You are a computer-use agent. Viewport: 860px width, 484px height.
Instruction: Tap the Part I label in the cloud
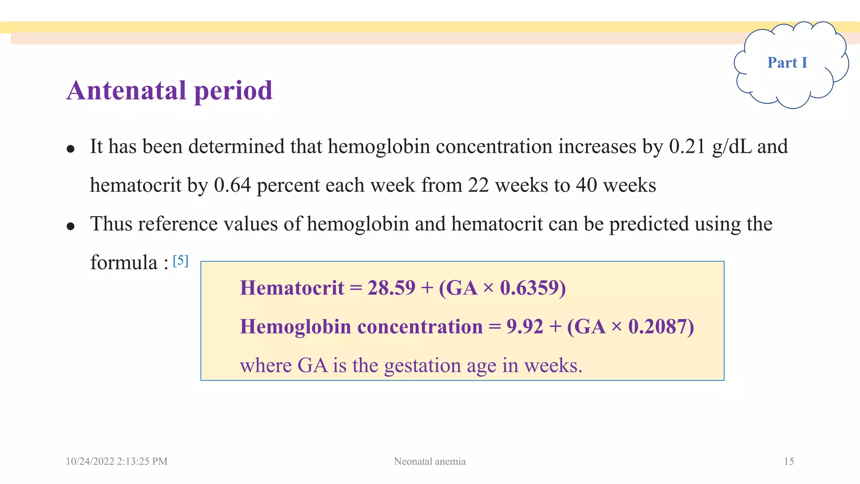(787, 63)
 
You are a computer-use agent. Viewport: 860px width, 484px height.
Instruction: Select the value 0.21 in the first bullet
(687, 147)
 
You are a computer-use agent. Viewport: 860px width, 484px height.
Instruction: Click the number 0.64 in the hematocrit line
(232, 185)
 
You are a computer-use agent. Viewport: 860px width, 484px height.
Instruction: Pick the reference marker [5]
(181, 260)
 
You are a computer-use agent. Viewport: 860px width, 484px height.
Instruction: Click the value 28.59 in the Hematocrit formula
(391, 288)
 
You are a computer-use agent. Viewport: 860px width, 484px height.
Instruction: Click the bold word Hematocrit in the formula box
(292, 288)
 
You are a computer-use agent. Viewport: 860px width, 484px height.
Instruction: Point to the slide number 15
(789, 461)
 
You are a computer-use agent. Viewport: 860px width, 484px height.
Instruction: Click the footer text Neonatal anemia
(430, 461)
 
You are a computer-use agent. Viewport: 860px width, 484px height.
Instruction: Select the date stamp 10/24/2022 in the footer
(90, 461)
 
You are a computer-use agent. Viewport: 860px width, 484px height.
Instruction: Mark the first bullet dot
(71, 149)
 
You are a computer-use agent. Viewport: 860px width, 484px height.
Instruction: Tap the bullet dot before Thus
(71, 226)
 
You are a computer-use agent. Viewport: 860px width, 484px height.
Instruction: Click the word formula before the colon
(124, 263)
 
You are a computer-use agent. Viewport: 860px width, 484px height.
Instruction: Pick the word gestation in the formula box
(422, 366)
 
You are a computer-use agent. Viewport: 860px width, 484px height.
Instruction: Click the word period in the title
(233, 90)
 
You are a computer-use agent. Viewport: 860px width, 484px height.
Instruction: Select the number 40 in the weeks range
(586, 185)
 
